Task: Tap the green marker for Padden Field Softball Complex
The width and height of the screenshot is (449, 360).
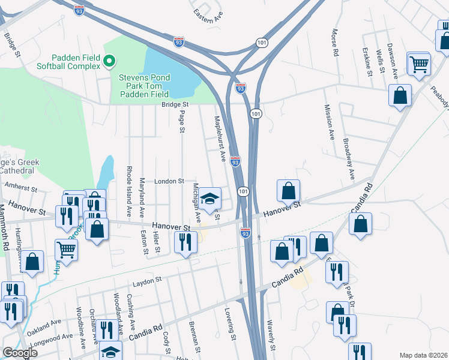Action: tap(109, 61)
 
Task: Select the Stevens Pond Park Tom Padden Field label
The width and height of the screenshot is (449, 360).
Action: tap(144, 86)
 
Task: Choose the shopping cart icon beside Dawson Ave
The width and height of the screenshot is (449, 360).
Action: tap(418, 64)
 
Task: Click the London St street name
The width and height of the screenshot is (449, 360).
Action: tap(169, 181)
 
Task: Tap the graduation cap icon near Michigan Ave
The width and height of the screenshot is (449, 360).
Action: tap(209, 199)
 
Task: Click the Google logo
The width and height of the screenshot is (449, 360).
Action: tap(20, 353)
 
